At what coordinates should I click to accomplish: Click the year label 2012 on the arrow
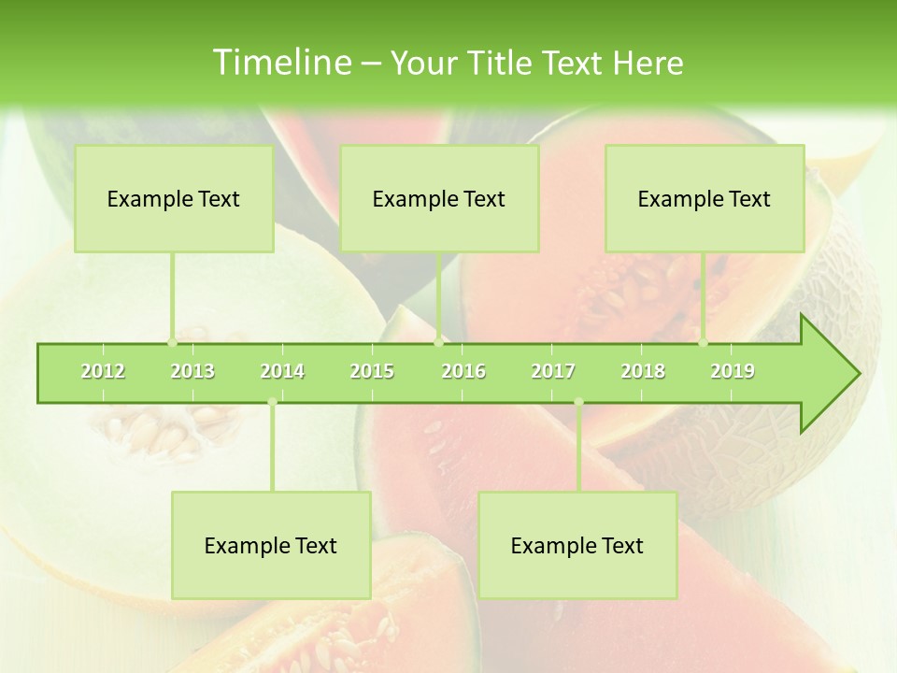pyautogui.click(x=103, y=371)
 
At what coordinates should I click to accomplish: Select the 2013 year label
pyautogui.click(x=192, y=371)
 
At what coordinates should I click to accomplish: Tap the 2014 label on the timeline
pyautogui.click(x=282, y=371)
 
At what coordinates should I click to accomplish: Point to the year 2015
pyautogui.click(x=372, y=371)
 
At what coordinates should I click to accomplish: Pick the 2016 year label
pyautogui.click(x=463, y=371)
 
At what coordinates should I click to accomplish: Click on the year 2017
pyautogui.click(x=553, y=371)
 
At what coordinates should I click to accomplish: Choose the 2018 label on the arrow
pyautogui.click(x=643, y=371)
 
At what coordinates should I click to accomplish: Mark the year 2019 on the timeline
pyautogui.click(x=733, y=371)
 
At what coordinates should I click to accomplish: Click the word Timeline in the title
pyautogui.click(x=279, y=63)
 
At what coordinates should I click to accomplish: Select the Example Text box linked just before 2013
pyautogui.click(x=174, y=198)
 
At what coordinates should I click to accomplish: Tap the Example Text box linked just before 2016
pyautogui.click(x=439, y=198)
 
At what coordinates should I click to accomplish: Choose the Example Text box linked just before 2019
pyautogui.click(x=705, y=198)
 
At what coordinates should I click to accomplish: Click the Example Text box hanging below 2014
pyautogui.click(x=271, y=545)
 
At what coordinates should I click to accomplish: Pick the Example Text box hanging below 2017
pyautogui.click(x=577, y=545)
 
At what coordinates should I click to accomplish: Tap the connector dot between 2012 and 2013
pyautogui.click(x=172, y=343)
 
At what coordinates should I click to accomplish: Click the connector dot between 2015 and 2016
pyautogui.click(x=438, y=343)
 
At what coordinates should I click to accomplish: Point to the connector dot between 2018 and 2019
pyautogui.click(x=704, y=343)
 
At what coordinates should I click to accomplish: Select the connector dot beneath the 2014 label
pyautogui.click(x=272, y=403)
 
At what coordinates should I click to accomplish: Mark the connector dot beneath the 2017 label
pyautogui.click(x=578, y=403)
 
